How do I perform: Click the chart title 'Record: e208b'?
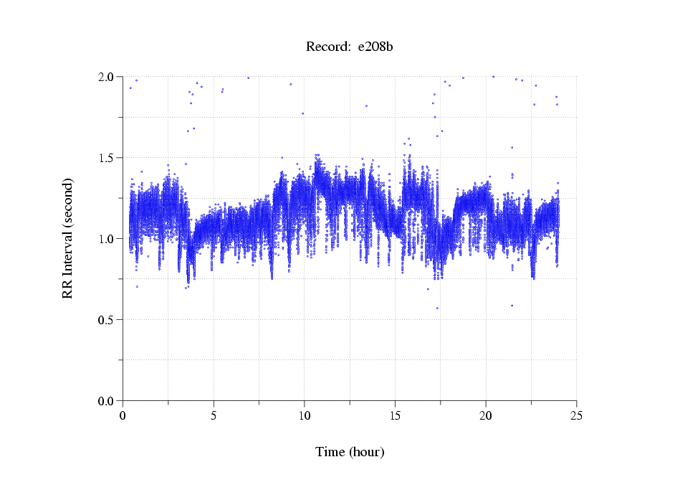coord(350,47)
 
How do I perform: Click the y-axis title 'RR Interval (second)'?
coord(67,238)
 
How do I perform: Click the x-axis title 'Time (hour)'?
coord(350,452)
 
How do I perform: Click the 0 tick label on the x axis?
coord(123,415)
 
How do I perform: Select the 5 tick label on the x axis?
coord(214,415)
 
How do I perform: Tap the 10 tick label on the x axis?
coord(305,415)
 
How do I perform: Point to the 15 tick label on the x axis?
coord(395,415)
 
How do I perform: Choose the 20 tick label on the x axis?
coord(486,415)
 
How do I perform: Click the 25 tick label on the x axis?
coord(576,415)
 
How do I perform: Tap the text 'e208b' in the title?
coord(375,47)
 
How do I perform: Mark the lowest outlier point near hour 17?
coord(437,308)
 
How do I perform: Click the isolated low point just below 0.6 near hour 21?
coord(512,306)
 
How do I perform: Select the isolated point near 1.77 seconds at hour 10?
coord(302,113)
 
